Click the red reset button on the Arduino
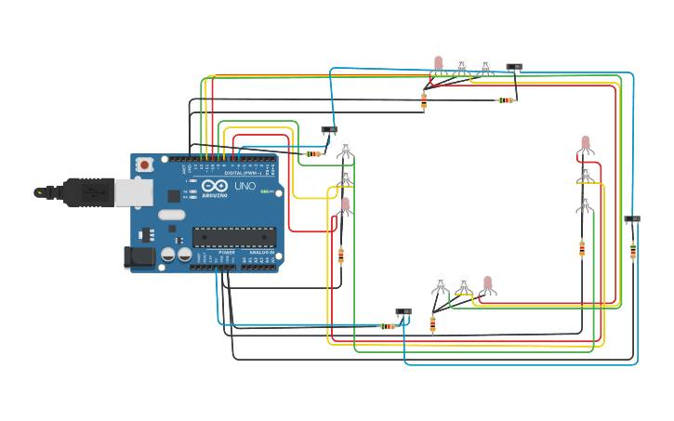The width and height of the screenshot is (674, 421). [x=144, y=164]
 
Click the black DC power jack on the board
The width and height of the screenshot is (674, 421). [x=139, y=257]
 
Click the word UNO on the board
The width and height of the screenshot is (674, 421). [x=244, y=186]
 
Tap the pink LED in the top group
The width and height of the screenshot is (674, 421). [x=439, y=63]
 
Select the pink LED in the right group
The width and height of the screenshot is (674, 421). [x=585, y=143]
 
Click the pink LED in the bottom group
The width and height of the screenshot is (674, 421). [x=487, y=283]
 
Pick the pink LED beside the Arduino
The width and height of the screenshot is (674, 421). [x=345, y=204]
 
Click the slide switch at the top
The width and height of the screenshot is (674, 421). [x=514, y=67]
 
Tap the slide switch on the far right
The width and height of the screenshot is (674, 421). [x=632, y=219]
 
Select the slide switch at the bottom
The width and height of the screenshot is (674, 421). [x=403, y=312]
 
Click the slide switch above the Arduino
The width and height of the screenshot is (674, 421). [x=329, y=130]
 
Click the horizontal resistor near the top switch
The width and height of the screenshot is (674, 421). [x=505, y=100]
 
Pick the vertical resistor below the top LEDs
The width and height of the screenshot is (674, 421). [x=424, y=100]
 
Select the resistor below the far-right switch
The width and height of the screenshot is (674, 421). [x=633, y=251]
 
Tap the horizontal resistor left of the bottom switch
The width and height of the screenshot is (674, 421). [x=387, y=326]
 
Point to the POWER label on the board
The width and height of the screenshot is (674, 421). [x=227, y=252]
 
